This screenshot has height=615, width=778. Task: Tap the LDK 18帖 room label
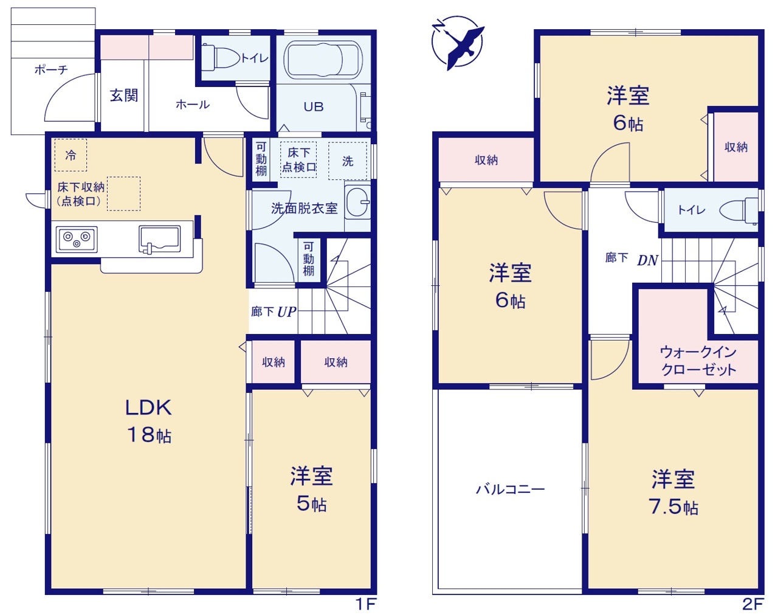pyautogui.click(x=148, y=422)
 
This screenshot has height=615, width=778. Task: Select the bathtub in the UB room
pyautogui.click(x=323, y=60)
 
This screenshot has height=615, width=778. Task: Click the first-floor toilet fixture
pyautogui.click(x=220, y=57)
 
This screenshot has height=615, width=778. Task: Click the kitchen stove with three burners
pyautogui.click(x=77, y=240)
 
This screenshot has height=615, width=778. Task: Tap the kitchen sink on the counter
pyautogui.click(x=159, y=240)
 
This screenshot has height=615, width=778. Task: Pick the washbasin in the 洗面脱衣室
pyautogui.click(x=357, y=203)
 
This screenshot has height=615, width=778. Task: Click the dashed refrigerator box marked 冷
pyautogui.click(x=71, y=155)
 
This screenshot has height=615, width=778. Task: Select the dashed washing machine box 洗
pyautogui.click(x=348, y=161)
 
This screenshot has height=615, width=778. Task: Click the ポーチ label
pyautogui.click(x=51, y=69)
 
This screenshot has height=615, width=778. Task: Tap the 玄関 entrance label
pyautogui.click(x=124, y=96)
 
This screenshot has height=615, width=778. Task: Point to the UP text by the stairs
pyautogui.click(x=287, y=312)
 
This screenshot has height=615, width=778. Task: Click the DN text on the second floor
pyautogui.click(x=647, y=260)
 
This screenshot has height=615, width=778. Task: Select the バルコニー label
pyautogui.click(x=510, y=490)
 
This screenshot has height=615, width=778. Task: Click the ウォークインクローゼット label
pyautogui.click(x=698, y=361)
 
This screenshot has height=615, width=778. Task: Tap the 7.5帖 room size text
pyautogui.click(x=673, y=507)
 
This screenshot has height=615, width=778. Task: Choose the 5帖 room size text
pyautogui.click(x=312, y=504)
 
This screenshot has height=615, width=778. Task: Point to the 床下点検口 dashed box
pyautogui.click(x=298, y=159)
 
